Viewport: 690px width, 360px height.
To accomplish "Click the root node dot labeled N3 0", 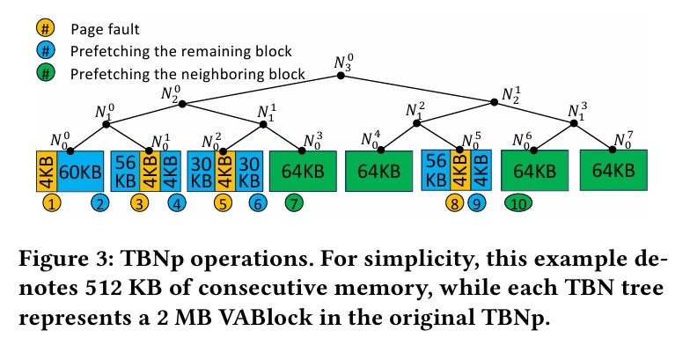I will [342, 77].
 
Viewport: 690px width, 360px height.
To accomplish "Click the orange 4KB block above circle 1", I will [45, 171].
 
